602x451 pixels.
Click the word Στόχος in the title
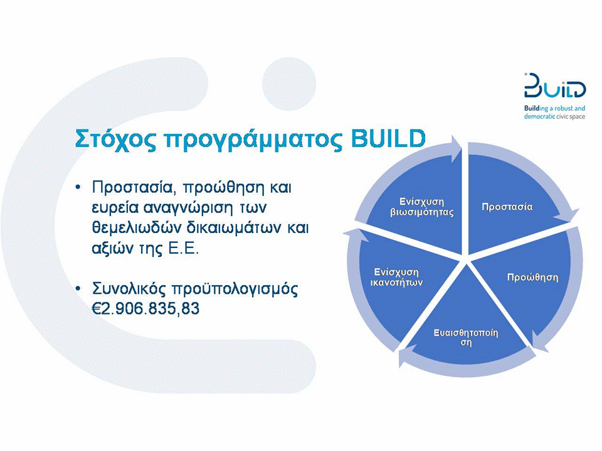(x=115, y=139)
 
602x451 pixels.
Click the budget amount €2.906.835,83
(x=146, y=309)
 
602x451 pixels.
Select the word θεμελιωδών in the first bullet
(x=136, y=228)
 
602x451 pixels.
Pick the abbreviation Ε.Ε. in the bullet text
(x=184, y=249)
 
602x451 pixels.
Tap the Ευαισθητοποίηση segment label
(x=466, y=337)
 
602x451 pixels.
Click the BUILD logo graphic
(x=555, y=86)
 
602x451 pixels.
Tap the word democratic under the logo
(x=539, y=117)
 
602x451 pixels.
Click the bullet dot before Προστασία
(x=78, y=187)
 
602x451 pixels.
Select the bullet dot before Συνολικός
(x=78, y=288)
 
